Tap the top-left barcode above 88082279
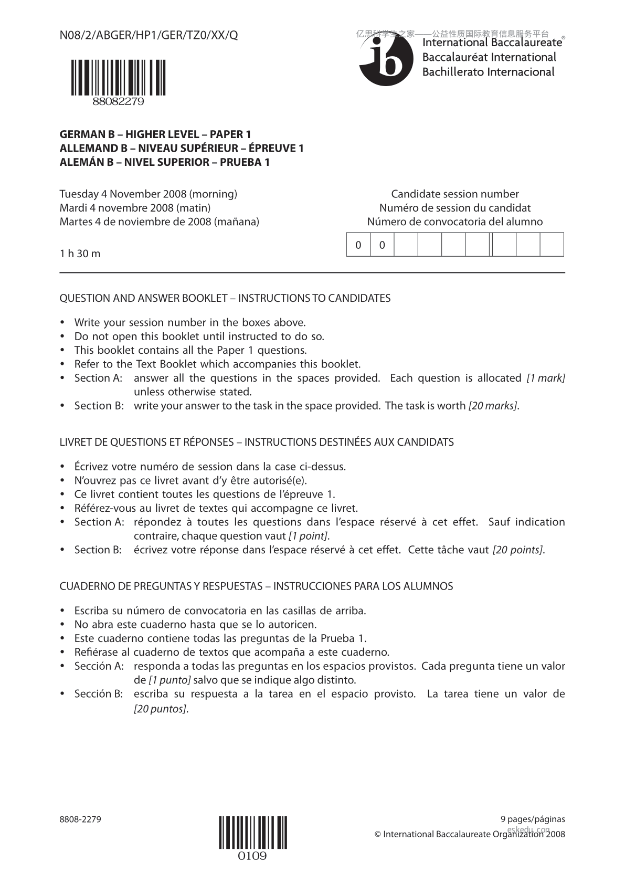click(119, 78)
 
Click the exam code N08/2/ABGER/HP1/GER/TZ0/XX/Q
click(149, 36)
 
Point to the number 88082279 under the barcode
click(118, 102)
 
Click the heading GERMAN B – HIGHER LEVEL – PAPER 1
click(155, 134)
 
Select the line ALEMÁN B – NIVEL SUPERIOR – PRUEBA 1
click(165, 162)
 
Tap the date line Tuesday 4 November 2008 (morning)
click(149, 194)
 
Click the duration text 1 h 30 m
click(80, 254)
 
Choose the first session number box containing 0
click(358, 245)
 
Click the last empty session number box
click(552, 245)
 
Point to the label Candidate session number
click(455, 194)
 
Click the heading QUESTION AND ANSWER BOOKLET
click(225, 299)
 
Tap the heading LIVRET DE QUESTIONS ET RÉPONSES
click(257, 443)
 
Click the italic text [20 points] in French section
click(517, 550)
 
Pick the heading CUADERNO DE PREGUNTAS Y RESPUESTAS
click(256, 586)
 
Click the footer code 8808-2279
click(80, 819)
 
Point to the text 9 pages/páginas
click(533, 819)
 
